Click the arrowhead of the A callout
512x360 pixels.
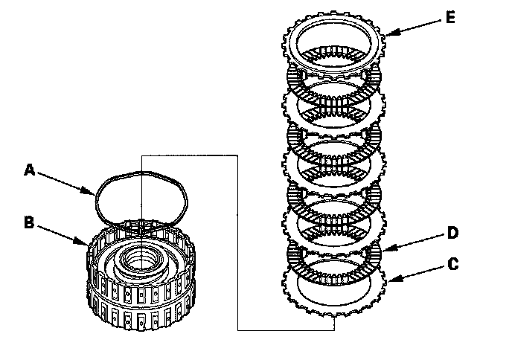(95, 196)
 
